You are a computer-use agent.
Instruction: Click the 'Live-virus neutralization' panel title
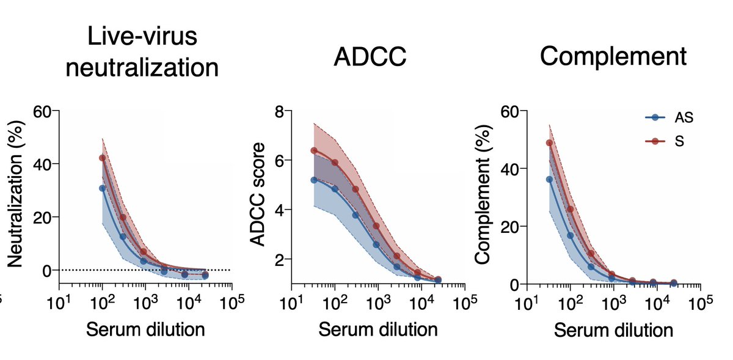(142, 52)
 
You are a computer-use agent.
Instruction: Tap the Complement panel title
(613, 57)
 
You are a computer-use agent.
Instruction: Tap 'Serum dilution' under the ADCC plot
(378, 329)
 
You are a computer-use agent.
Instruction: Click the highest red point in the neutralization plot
(103, 158)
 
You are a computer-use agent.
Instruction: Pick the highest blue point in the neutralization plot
(103, 188)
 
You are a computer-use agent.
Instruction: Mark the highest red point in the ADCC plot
(314, 150)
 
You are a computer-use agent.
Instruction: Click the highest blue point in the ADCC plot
(314, 180)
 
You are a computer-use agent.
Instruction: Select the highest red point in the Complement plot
(549, 143)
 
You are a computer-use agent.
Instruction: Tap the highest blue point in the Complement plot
(549, 180)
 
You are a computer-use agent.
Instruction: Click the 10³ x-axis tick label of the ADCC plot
(379, 302)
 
